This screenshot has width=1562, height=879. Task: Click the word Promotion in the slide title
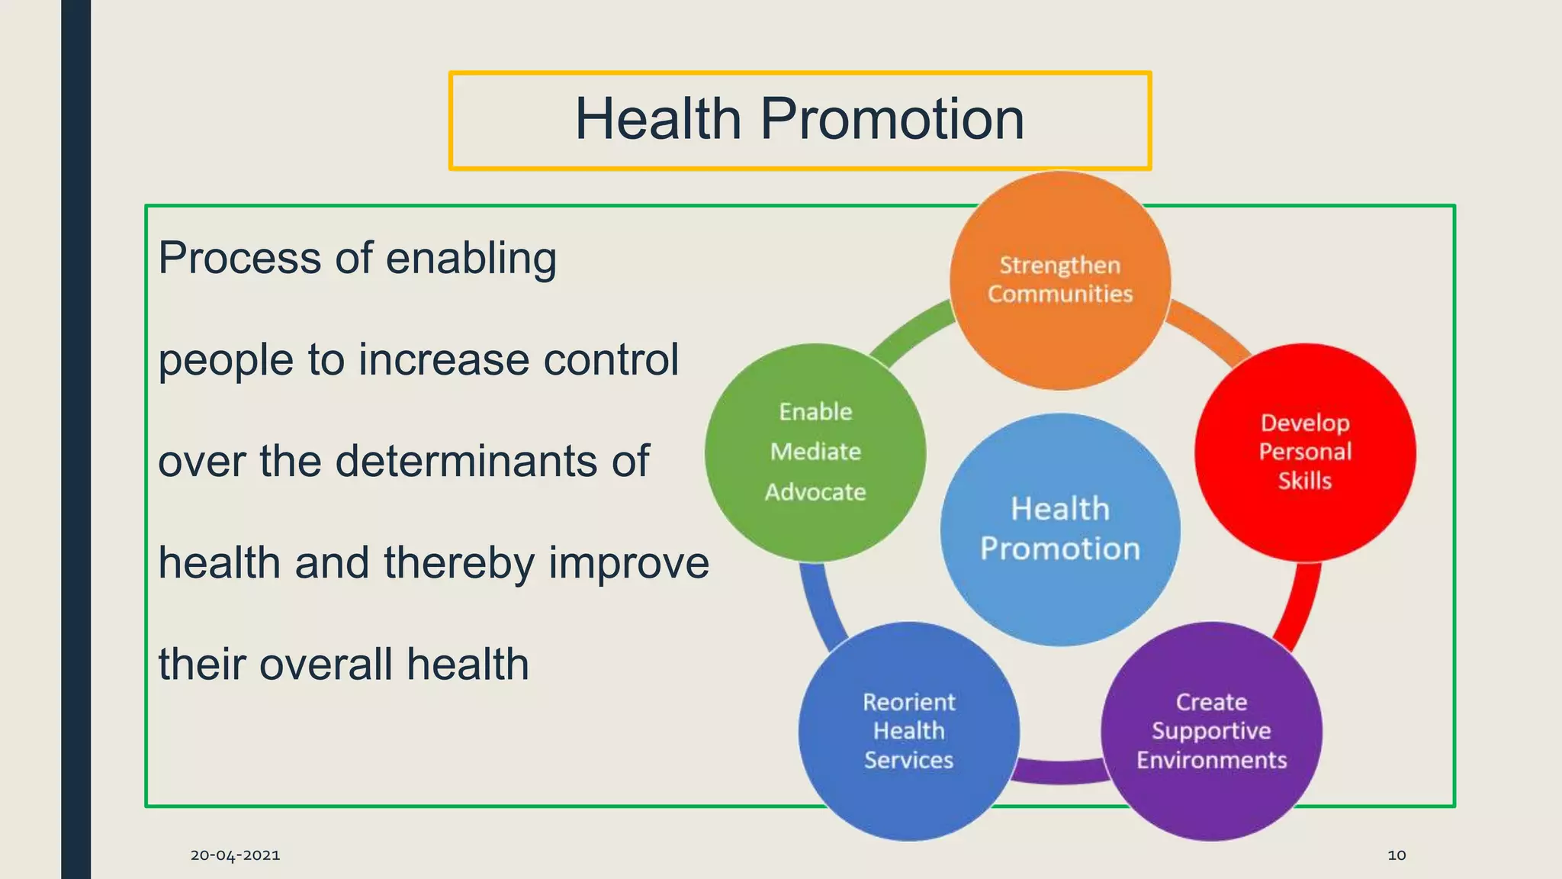click(892, 120)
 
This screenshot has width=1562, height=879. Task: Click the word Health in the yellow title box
click(657, 120)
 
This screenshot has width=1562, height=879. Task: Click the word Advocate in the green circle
click(815, 492)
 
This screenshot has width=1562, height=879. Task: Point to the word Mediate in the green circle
click(815, 452)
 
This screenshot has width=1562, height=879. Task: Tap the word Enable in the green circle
click(815, 412)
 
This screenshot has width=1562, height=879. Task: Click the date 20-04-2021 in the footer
click(235, 855)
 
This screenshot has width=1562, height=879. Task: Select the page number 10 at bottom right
click(1396, 855)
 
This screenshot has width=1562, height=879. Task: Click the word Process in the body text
click(239, 258)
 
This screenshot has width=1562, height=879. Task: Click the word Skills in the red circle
click(1305, 481)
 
